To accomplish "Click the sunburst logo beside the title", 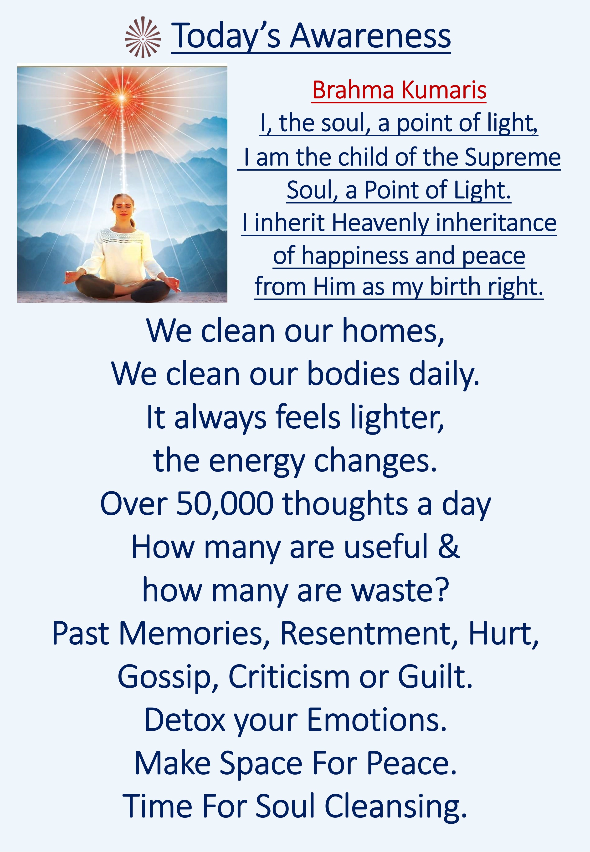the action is pyautogui.click(x=143, y=37).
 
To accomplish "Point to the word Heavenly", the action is pyautogui.click(x=380, y=223).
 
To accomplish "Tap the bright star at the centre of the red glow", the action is pyautogui.click(x=122, y=97).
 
